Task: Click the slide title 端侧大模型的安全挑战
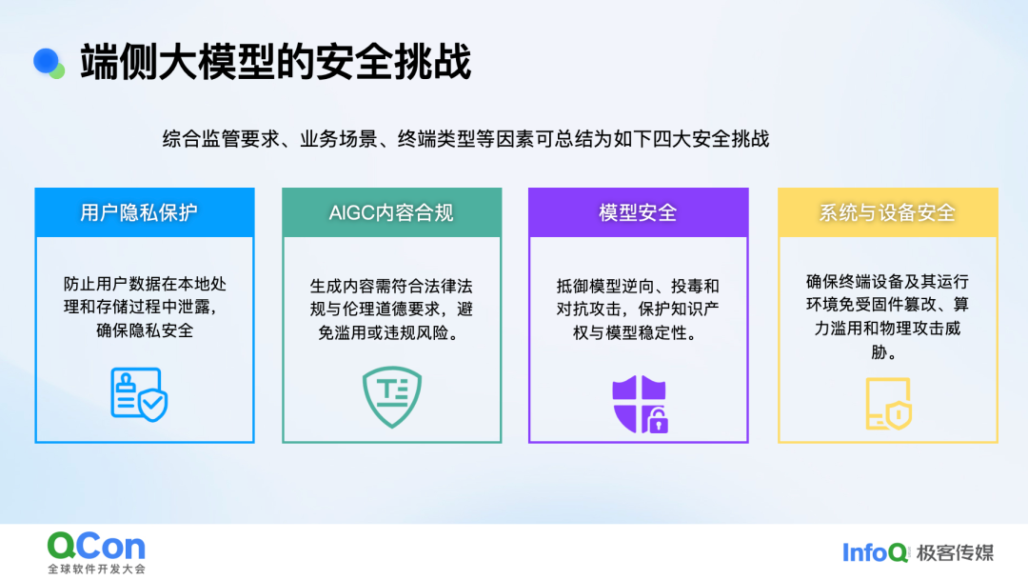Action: tap(275, 62)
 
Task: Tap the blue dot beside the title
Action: tap(46, 61)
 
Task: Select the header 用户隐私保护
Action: tap(138, 212)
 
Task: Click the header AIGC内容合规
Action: tap(391, 212)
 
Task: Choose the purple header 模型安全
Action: tap(638, 212)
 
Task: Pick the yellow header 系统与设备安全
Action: tap(887, 212)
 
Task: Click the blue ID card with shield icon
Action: tap(139, 393)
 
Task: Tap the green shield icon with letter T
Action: tap(392, 396)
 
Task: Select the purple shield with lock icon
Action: tap(640, 404)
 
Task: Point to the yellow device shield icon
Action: tap(888, 404)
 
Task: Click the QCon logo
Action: tap(96, 546)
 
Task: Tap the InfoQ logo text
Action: tap(876, 552)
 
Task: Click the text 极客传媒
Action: tap(956, 552)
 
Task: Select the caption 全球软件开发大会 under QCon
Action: tap(96, 569)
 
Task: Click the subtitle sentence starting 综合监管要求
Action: tap(465, 139)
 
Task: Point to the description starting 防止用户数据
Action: tap(145, 307)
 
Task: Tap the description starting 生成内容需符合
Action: tap(391, 309)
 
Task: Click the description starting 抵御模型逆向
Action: tap(638, 309)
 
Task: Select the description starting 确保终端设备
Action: tap(887, 316)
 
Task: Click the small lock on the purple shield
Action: tap(658, 421)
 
